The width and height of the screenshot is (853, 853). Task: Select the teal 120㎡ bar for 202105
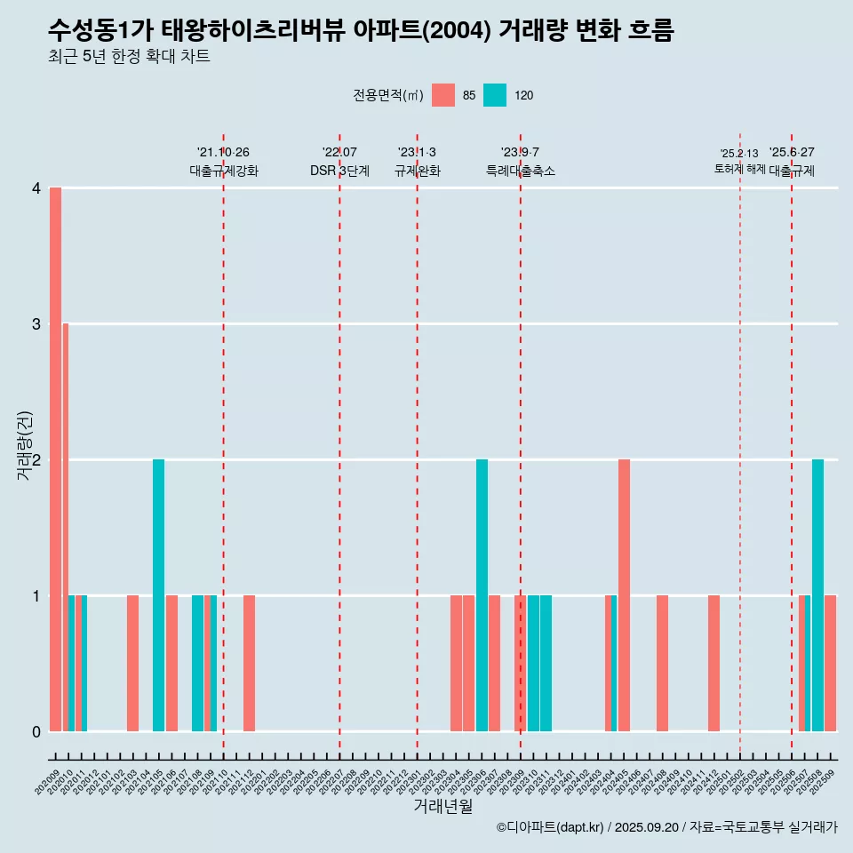pyautogui.click(x=158, y=595)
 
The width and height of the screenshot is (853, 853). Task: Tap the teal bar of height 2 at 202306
pyautogui.click(x=482, y=595)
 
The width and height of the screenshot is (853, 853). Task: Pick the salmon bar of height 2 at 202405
pyautogui.click(x=624, y=595)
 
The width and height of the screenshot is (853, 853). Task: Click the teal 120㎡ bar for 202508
pyautogui.click(x=817, y=595)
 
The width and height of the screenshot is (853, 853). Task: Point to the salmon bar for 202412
pyautogui.click(x=713, y=663)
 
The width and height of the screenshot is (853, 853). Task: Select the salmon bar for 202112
pyautogui.click(x=249, y=663)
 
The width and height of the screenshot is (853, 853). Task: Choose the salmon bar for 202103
pyautogui.click(x=132, y=663)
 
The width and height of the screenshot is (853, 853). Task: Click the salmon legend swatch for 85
pyautogui.click(x=442, y=95)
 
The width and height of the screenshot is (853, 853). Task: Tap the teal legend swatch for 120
pyautogui.click(x=495, y=95)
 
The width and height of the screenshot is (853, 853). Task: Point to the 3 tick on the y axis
pyautogui.click(x=36, y=324)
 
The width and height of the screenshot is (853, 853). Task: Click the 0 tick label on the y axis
pyautogui.click(x=36, y=732)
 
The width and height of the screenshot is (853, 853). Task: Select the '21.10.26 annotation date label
pyautogui.click(x=223, y=153)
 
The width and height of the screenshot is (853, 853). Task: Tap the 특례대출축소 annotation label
pyautogui.click(x=520, y=171)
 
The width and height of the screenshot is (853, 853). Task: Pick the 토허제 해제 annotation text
pyautogui.click(x=739, y=168)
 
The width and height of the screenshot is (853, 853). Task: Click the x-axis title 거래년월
pyautogui.click(x=442, y=806)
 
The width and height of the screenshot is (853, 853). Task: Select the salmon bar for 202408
pyautogui.click(x=662, y=663)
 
